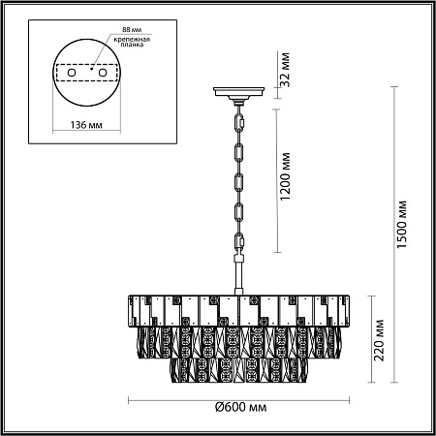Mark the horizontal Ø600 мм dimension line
(x=241, y=400)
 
